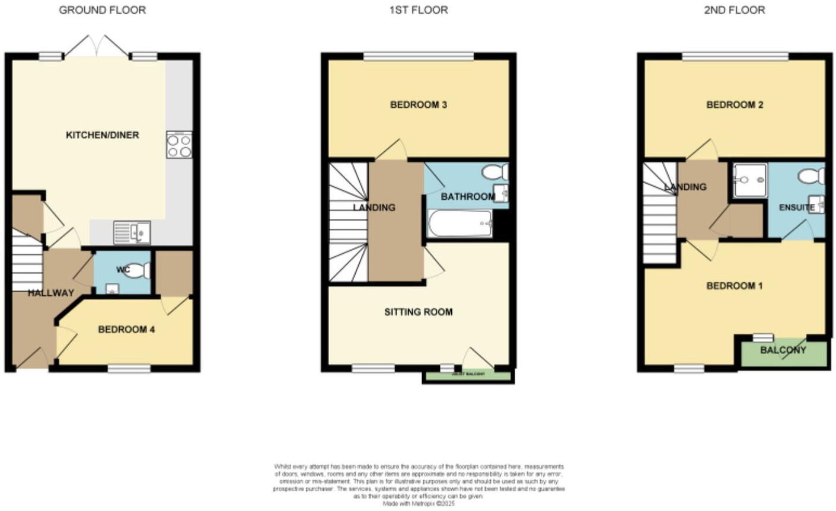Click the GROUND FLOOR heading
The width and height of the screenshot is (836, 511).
point(102,10)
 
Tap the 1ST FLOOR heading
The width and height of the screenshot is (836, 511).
point(418,10)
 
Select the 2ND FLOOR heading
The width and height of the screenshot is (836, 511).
point(734,10)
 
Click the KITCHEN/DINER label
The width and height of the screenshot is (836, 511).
point(102,135)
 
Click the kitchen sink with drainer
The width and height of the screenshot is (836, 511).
point(132,232)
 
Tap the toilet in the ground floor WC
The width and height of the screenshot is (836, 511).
point(138,271)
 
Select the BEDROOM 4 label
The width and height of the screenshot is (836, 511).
point(126,330)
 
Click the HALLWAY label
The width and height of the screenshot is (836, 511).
point(51,293)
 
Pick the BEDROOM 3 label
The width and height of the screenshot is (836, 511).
point(418,105)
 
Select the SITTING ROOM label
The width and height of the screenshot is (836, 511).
point(418,312)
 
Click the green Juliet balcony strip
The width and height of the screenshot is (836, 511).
point(468,375)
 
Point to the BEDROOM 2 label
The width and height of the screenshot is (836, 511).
point(734,105)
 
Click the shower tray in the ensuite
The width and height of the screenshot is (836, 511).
point(749,180)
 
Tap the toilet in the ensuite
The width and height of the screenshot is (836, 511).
point(811,175)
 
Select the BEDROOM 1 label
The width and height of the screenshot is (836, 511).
point(734,286)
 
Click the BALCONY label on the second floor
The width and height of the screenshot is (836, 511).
point(783,350)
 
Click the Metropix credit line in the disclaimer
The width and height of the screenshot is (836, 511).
point(418,503)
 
